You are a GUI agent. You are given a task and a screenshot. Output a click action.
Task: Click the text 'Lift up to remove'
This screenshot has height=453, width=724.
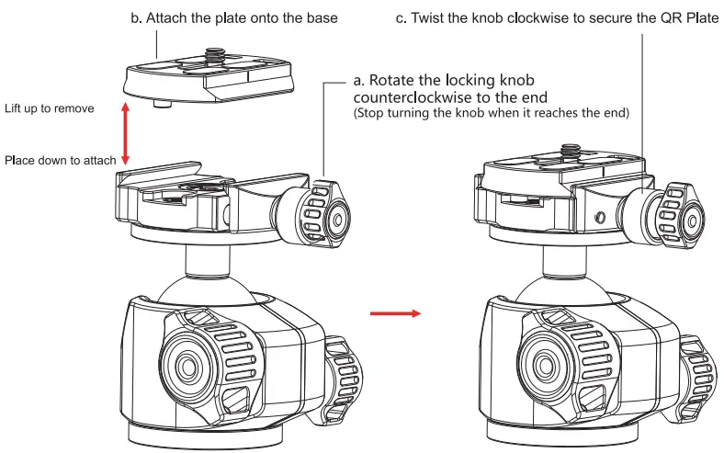pyautogui.click(x=49, y=108)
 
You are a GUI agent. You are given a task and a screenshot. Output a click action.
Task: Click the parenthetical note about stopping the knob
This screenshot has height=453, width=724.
pyautogui.click(x=492, y=113)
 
